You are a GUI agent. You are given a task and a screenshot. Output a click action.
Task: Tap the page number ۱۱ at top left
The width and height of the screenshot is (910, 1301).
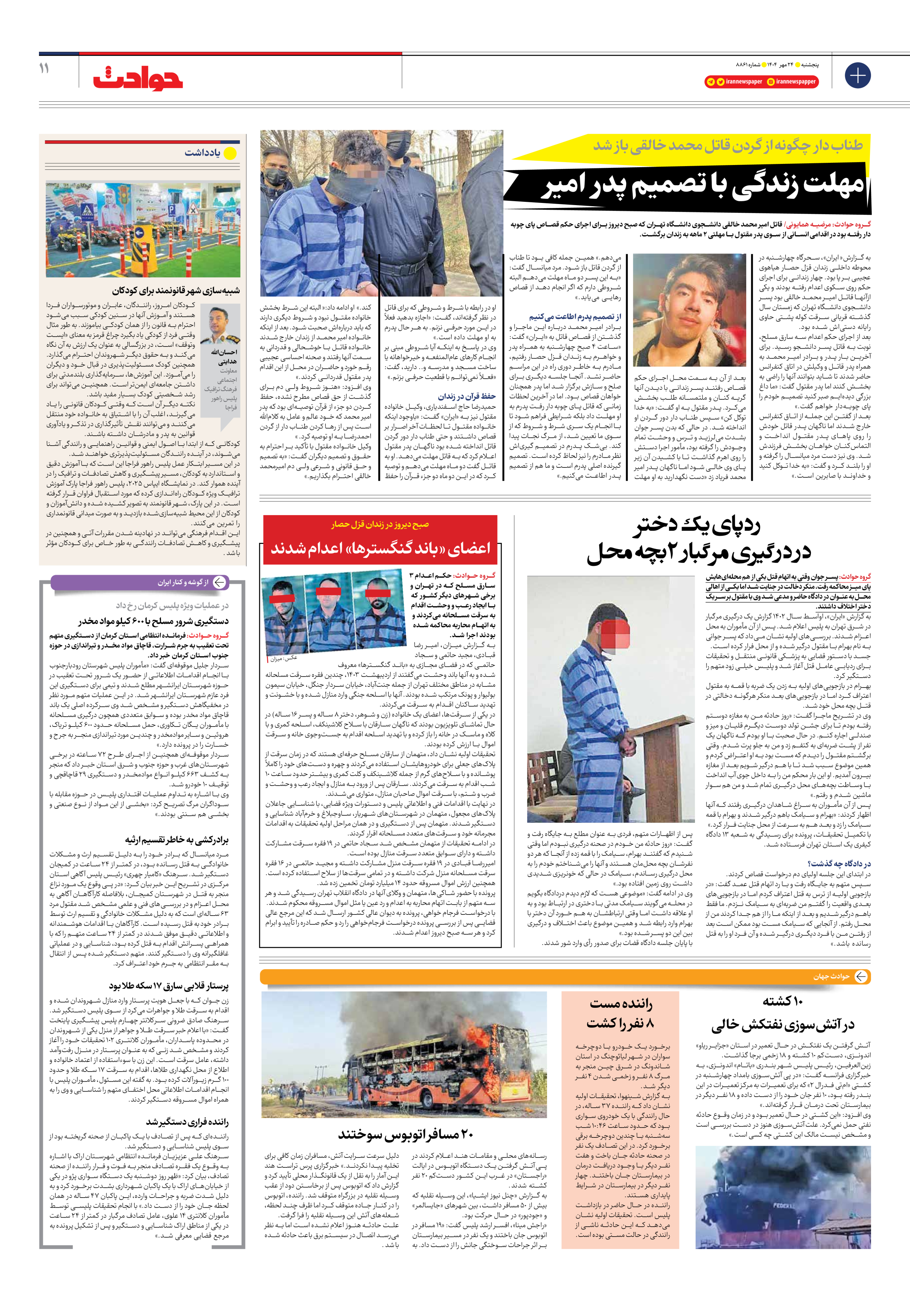coord(44,68)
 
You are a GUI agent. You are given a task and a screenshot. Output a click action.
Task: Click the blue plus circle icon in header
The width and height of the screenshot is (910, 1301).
coord(857,75)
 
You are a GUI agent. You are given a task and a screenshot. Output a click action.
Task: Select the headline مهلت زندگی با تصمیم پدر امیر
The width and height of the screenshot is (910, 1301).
coord(702,187)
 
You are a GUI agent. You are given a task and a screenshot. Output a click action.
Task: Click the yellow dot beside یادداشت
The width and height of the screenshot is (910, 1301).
coord(230,153)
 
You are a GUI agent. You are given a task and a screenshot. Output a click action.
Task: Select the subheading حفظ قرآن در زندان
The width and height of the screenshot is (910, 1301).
coord(467,396)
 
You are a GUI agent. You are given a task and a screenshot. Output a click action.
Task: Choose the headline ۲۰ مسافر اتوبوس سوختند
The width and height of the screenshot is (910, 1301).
coord(405,1135)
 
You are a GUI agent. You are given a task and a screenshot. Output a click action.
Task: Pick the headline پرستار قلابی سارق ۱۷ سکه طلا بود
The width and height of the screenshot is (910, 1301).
coord(169,986)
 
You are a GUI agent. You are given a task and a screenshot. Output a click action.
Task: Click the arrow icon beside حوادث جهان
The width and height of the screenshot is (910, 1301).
coord(861,976)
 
